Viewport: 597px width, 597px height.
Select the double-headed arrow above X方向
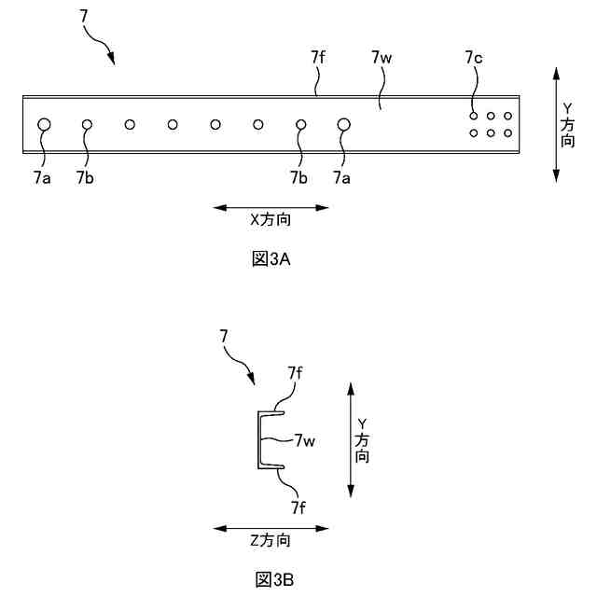click(x=271, y=207)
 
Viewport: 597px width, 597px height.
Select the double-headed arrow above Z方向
click(x=271, y=527)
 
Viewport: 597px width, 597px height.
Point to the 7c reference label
click(x=473, y=59)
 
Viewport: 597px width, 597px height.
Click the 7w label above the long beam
click(x=381, y=59)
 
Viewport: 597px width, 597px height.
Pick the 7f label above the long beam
click(x=318, y=59)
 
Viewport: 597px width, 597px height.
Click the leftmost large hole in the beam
click(x=44, y=124)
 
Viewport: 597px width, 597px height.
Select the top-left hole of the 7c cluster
click(x=474, y=116)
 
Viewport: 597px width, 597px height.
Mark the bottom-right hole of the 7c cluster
click(x=507, y=133)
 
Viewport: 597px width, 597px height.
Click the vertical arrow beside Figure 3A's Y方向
click(x=556, y=123)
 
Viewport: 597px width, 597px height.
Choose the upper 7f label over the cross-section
click(x=295, y=372)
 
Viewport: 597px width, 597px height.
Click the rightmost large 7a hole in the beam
click(x=343, y=124)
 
